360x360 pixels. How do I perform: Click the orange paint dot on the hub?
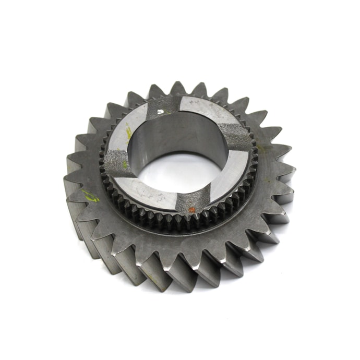point(191,210)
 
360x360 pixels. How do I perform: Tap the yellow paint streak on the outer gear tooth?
point(91,196)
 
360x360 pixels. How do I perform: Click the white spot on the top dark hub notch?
point(163,111)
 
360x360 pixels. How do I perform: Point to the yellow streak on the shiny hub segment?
point(128,133)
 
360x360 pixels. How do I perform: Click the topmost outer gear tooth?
point(177,88)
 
